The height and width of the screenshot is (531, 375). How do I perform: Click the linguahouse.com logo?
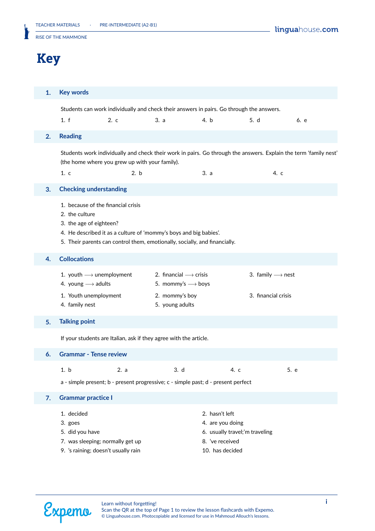[x=306, y=30]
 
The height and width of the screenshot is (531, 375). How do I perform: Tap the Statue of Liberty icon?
[x=26, y=32]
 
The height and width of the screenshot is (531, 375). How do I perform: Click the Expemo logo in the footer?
[x=67, y=512]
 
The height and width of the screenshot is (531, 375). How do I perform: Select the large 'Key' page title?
[x=49, y=58]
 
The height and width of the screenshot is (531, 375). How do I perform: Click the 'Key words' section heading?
[x=74, y=92]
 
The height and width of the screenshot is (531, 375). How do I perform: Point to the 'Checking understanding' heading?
[x=93, y=189]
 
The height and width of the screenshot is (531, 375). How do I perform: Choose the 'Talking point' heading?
[x=77, y=322]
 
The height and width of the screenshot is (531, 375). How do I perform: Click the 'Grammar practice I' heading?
[x=86, y=398]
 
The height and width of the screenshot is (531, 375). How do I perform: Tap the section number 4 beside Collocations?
[x=48, y=259]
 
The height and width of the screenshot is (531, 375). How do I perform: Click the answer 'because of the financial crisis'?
[x=104, y=205]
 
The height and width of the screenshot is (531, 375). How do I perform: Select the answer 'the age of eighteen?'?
[x=93, y=223]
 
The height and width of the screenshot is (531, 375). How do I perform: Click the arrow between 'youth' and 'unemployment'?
[x=89, y=275]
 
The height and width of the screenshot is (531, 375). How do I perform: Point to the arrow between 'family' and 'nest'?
[x=278, y=275]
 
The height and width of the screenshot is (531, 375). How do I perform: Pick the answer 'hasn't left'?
[x=222, y=414]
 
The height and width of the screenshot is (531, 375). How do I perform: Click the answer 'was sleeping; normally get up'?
[x=105, y=441]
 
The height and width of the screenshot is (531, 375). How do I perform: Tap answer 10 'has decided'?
[x=227, y=450]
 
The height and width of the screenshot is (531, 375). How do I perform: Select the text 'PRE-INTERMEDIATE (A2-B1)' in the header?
[x=128, y=25]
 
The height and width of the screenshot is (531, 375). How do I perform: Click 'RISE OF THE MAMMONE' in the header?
[x=61, y=37]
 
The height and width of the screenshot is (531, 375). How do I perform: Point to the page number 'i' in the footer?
[x=326, y=502]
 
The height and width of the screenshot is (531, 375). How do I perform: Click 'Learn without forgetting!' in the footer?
[x=129, y=504]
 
